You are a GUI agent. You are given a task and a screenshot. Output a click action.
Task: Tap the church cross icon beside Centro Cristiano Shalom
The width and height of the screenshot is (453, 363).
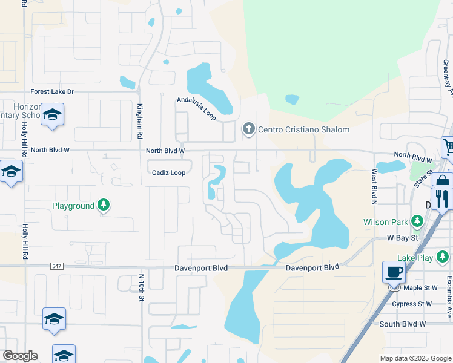pyautogui.click(x=248, y=129)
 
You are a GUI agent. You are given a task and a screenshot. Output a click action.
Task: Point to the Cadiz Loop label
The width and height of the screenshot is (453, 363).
pyautogui.click(x=168, y=172)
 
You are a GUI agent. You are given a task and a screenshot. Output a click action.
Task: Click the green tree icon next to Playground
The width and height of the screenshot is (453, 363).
pyautogui.click(x=105, y=206)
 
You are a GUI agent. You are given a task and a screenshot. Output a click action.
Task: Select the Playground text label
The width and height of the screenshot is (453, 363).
pyautogui.click(x=73, y=206)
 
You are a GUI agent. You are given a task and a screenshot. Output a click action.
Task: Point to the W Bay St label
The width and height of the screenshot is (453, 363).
pyautogui.click(x=403, y=238)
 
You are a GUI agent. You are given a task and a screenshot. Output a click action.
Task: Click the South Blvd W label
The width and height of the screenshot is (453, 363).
pyautogui.click(x=403, y=324)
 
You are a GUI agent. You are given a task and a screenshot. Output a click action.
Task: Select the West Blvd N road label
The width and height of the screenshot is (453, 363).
pyautogui.click(x=374, y=187)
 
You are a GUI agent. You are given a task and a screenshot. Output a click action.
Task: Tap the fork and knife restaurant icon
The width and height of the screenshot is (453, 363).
pyautogui.click(x=442, y=198)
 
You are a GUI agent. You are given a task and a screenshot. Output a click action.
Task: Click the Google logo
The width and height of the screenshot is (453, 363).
pyautogui.click(x=20, y=356)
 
